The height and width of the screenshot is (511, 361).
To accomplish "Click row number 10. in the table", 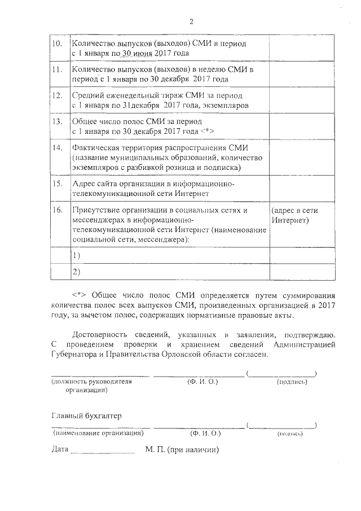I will [x=56, y=43].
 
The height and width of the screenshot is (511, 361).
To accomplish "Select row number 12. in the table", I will [x=56, y=95].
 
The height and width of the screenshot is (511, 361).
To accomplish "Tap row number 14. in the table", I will [x=56, y=148].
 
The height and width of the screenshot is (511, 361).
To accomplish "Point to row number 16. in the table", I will [x=56, y=210].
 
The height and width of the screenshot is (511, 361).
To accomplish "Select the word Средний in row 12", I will [x=87, y=95].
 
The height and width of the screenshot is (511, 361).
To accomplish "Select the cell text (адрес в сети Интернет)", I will [x=294, y=215].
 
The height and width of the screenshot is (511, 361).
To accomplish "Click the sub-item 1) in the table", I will [x=76, y=256].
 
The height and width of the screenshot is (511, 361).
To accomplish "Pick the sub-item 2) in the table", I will [x=76, y=272].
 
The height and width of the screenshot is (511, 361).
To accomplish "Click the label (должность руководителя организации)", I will [x=91, y=386].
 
